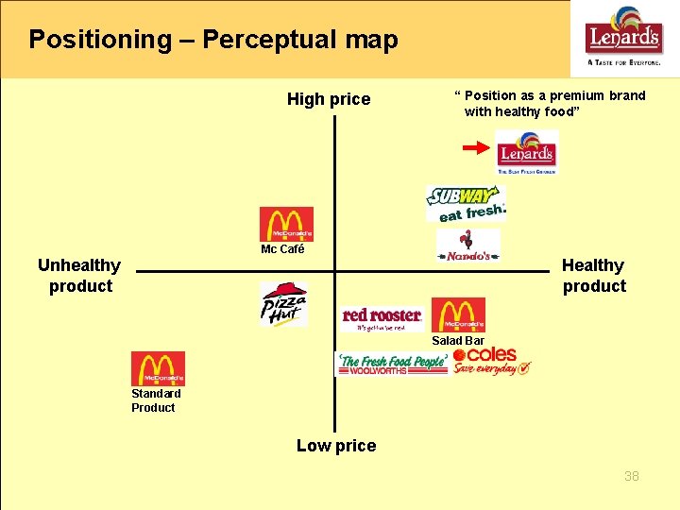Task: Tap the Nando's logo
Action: [468, 246]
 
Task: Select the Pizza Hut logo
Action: [283, 303]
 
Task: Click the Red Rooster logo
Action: [382, 317]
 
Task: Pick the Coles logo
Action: [491, 361]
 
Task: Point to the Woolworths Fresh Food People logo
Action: [392, 364]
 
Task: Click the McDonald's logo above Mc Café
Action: [286, 225]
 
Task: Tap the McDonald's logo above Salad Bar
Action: [458, 314]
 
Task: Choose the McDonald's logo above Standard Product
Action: [158, 368]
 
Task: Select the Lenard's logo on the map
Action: [527, 152]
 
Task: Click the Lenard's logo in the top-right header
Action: [623, 38]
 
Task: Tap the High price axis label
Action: [329, 99]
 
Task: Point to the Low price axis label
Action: [336, 446]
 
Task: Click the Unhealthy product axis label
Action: [79, 276]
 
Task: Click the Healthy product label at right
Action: [593, 276]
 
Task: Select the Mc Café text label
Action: [282, 250]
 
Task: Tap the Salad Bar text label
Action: [458, 341]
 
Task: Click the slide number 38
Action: [631, 476]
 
